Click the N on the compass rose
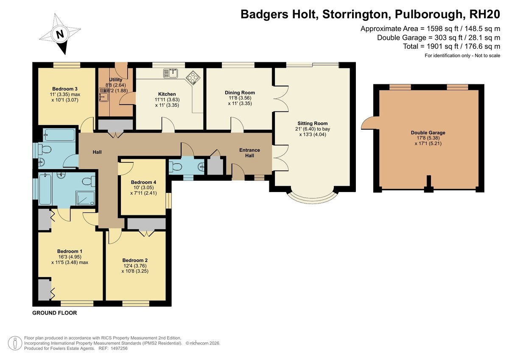pos(60,34)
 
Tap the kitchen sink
pos(171,73)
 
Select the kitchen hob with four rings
pos(193,78)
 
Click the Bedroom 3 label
pos(65,89)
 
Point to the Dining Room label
pos(240,93)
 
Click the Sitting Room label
pos(313,123)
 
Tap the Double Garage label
pos(428,133)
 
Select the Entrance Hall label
pos(249,153)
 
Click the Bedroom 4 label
pos(143,182)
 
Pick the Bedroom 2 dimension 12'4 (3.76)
pos(135,266)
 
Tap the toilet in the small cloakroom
pos(175,167)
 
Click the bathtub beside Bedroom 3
pos(59,135)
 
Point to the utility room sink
pos(104,95)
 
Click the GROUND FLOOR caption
pos(55,313)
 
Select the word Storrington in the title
pos(355,14)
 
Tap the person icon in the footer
pos(15,343)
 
